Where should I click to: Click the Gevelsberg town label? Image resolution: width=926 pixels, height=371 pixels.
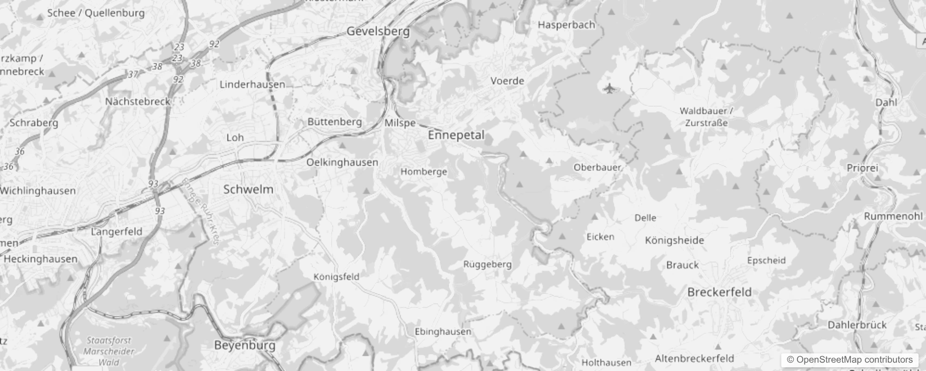[x=378, y=32]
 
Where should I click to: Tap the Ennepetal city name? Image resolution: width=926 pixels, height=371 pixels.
[x=456, y=135]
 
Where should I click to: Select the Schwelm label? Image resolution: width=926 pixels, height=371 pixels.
[x=248, y=189]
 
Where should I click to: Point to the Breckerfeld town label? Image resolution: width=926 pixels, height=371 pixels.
[x=719, y=292]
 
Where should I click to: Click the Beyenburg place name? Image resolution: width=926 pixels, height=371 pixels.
[x=244, y=345]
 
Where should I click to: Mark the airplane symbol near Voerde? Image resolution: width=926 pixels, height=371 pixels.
[x=609, y=88]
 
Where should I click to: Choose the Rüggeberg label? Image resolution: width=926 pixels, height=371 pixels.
[x=487, y=264]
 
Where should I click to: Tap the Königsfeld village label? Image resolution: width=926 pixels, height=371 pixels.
[x=336, y=277]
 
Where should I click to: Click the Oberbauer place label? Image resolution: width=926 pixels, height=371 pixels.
[x=597, y=167]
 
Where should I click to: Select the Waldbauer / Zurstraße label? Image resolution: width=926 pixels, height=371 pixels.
[x=706, y=117]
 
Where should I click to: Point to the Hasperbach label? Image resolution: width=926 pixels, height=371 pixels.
[x=566, y=25]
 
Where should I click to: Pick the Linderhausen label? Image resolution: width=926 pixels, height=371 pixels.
[x=252, y=84]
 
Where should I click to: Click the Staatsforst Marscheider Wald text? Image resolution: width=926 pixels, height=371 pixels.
[x=109, y=351]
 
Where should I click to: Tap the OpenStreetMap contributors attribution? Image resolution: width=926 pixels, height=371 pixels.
[x=849, y=359]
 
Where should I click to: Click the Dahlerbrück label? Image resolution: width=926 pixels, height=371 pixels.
[x=857, y=325]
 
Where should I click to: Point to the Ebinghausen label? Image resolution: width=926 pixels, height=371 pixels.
[x=443, y=332]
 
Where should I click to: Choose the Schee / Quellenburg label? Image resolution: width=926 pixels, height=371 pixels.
[x=96, y=13]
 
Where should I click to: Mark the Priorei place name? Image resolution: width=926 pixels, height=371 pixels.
[x=862, y=168]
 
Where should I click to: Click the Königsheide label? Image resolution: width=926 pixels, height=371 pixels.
[x=674, y=240]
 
